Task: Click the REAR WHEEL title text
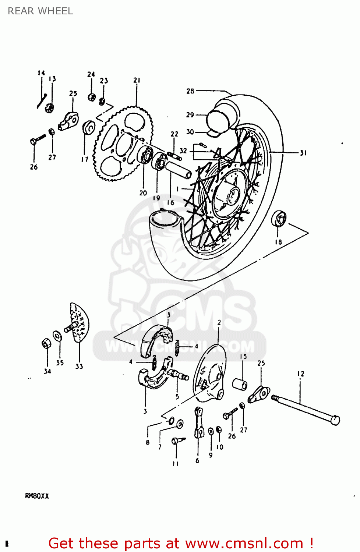tap(40, 11)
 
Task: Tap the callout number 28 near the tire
tap(190, 91)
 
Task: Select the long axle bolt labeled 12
tap(306, 408)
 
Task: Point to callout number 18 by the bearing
tap(278, 242)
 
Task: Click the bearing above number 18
tap(279, 219)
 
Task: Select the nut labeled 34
tap(46, 344)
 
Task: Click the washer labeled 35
tap(57, 336)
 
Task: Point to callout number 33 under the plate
tap(79, 367)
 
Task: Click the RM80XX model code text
tap(37, 496)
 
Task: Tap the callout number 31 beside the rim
tap(303, 153)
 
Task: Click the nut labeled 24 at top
tap(92, 97)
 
